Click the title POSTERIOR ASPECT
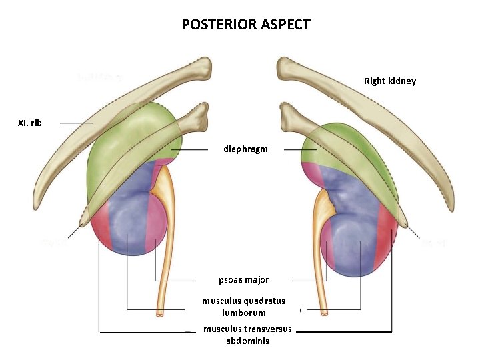coord(246,25)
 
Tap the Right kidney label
coord(389,81)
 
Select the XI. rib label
coord(29,123)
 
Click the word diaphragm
coord(245,149)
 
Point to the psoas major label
coord(243,279)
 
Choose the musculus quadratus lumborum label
coord(243,307)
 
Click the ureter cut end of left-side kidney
coord(161,312)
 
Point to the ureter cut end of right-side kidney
coord(324,311)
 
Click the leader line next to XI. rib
coord(75,123)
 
